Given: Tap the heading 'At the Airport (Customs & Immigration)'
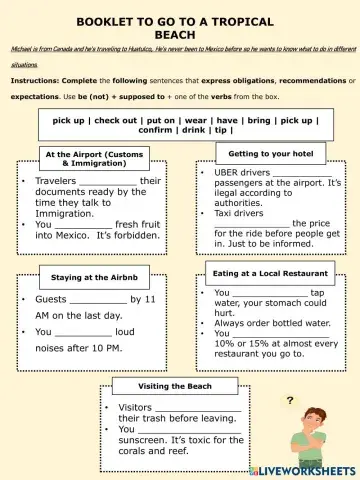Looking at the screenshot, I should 94,158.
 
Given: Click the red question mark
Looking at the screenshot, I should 290,400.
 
